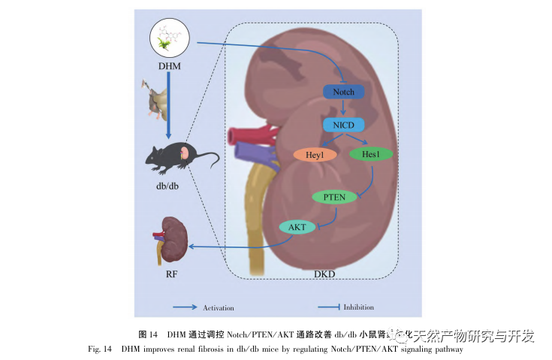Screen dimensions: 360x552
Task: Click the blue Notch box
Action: click(x=343, y=92)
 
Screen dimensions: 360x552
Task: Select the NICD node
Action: click(x=343, y=124)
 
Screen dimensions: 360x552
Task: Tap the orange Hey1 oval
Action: click(x=313, y=156)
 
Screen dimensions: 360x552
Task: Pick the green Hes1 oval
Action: click(x=370, y=154)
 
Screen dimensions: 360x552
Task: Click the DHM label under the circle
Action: click(x=169, y=66)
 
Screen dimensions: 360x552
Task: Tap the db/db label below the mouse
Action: click(x=170, y=185)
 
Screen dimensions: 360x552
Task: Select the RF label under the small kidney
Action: click(x=172, y=274)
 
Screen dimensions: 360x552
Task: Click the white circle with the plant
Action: click(x=172, y=38)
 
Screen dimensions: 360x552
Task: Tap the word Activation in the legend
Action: click(x=219, y=307)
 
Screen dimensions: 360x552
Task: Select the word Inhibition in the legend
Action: click(x=358, y=307)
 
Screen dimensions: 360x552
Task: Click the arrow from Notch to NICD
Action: click(x=343, y=108)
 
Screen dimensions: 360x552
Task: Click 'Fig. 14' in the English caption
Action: click(x=101, y=349)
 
